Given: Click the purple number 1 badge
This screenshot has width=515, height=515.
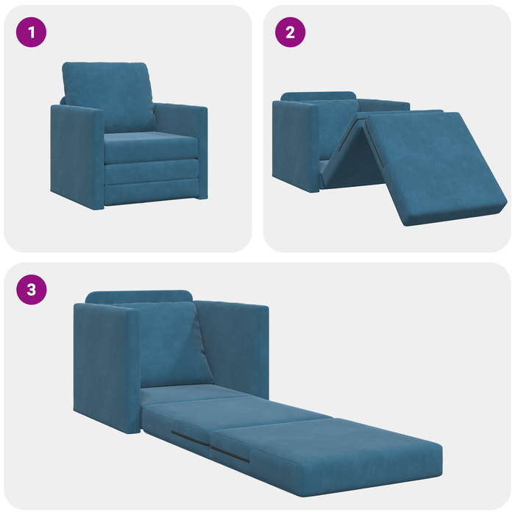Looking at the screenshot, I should point(31,32).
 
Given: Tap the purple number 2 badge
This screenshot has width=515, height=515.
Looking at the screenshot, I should point(290,32).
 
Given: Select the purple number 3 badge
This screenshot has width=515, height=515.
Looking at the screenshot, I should point(31,289).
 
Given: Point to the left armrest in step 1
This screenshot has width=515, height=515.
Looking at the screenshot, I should point(77,154).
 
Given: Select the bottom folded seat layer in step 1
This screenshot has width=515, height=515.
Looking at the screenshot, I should point(151,193).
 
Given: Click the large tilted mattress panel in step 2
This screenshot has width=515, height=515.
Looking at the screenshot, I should point(434,166).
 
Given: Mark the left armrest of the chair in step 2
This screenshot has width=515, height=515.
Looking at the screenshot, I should point(295,143).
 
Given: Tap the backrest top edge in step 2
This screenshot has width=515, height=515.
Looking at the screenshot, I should point(318,95).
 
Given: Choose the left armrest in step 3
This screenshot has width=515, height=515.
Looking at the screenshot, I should point(106,368).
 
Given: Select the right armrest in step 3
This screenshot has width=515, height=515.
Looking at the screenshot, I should point(234,346).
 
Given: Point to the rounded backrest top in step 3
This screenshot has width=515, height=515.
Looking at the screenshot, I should point(140,296).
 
